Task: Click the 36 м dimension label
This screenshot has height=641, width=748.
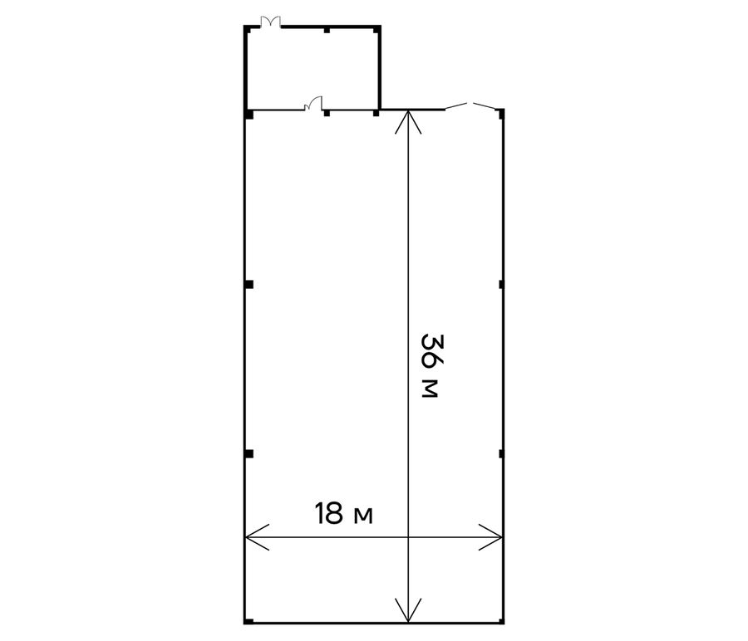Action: (429, 365)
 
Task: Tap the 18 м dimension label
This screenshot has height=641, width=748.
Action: (343, 513)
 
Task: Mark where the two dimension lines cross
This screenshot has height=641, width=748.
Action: (408, 537)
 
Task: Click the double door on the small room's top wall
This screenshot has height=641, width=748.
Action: (270, 22)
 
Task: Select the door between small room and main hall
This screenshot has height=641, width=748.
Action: (313, 104)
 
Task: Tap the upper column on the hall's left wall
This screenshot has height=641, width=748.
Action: (249, 285)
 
